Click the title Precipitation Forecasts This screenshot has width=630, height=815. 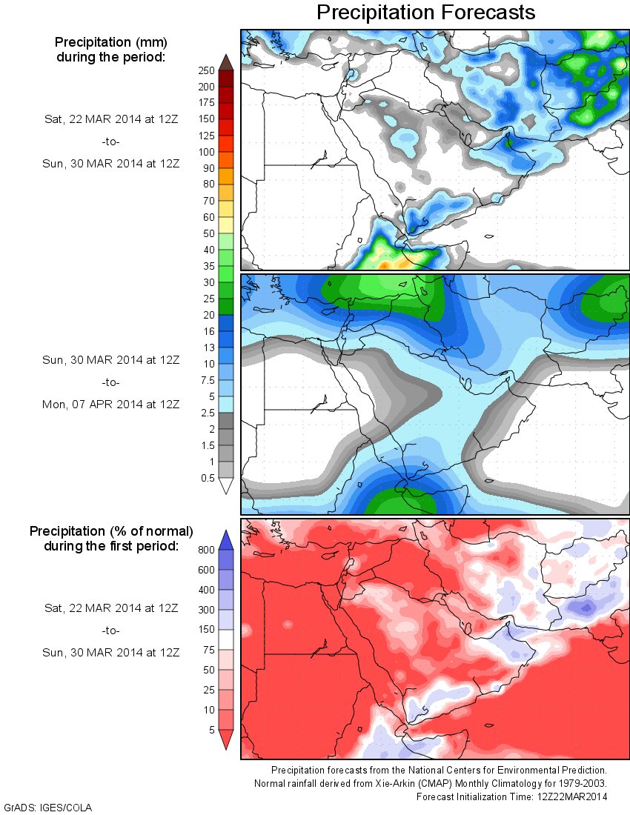[425, 13]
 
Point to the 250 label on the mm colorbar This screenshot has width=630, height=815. [206, 70]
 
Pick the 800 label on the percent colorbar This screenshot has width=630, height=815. [206, 550]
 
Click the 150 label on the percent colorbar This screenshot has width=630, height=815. [206, 630]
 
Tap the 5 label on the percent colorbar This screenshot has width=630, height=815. [211, 729]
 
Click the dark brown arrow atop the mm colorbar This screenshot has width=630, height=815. [227, 62]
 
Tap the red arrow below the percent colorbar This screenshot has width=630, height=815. [227, 739]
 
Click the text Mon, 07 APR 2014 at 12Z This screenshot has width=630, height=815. [110, 404]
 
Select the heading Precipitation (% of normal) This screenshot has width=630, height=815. [111, 532]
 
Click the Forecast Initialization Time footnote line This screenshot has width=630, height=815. [511, 796]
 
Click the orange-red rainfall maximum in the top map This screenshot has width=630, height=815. [385, 264]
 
